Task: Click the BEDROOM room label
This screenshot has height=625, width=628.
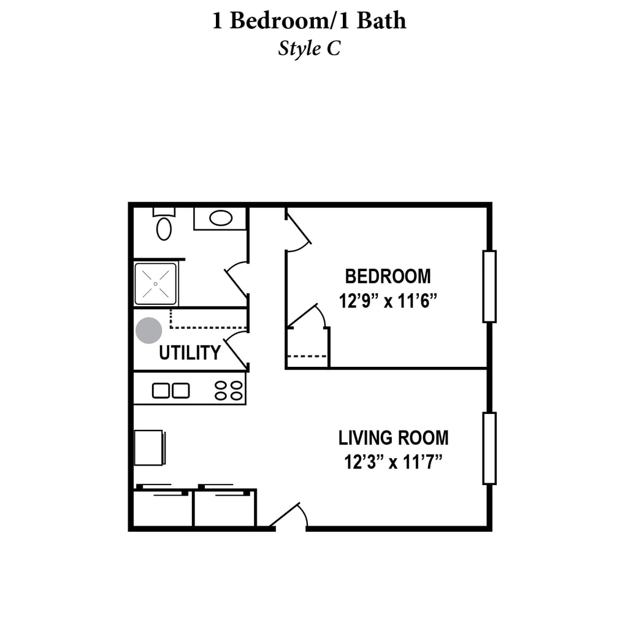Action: coord(388,276)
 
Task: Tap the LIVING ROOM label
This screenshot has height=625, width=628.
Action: coord(393,438)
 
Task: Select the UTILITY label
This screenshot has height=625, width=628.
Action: coord(190,353)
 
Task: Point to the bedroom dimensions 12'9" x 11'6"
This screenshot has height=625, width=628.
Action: coord(388,301)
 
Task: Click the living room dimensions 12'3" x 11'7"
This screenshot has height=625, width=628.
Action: coord(393,461)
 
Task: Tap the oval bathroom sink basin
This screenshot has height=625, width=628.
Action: coord(220,218)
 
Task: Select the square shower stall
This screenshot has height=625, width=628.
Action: coord(156,283)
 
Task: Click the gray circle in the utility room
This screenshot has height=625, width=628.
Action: coord(148,331)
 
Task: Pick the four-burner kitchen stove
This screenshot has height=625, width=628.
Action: coord(228,390)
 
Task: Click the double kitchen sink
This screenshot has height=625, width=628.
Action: coord(171,390)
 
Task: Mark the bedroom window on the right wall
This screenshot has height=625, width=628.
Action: coord(489,286)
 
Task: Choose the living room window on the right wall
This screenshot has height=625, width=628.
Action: coord(489,448)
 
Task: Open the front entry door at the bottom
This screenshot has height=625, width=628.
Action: coord(289,516)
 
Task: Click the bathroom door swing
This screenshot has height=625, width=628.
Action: coord(237,280)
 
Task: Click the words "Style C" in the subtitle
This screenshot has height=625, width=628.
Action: coord(309,48)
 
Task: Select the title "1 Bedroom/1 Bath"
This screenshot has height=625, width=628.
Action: coord(309,21)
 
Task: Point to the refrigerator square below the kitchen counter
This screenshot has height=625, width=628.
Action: coord(149,448)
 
